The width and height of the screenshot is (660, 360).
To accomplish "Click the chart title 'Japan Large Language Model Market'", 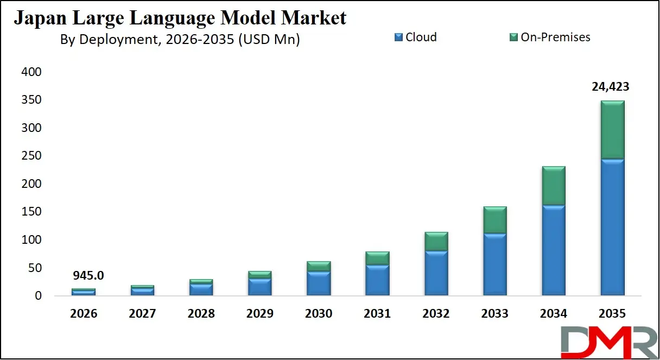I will (x=180, y=18).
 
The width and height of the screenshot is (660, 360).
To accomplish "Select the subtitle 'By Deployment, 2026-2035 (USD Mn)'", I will (x=180, y=40).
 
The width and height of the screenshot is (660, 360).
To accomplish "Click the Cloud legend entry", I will (x=416, y=37).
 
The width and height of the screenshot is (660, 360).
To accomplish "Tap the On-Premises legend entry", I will (x=549, y=37).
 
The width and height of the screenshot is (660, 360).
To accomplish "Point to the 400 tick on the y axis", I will (x=31, y=72).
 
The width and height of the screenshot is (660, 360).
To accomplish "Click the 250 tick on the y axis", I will (x=31, y=156).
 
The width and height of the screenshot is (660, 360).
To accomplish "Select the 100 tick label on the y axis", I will (x=31, y=240).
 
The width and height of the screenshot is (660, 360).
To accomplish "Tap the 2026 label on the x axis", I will (x=84, y=314).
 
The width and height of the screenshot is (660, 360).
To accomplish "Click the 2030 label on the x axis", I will (x=319, y=314).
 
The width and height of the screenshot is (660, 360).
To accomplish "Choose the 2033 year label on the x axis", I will (x=494, y=314).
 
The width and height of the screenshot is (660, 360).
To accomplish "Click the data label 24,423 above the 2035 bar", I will (x=612, y=87).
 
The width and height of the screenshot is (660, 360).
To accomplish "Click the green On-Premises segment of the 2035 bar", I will (x=612, y=130).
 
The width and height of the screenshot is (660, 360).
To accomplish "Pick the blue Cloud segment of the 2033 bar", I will (x=495, y=264).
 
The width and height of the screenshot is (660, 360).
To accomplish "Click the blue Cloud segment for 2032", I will (x=436, y=273).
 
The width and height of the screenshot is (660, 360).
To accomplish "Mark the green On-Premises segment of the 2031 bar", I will (x=378, y=258).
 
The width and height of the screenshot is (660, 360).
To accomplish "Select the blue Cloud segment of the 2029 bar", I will (x=260, y=287).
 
